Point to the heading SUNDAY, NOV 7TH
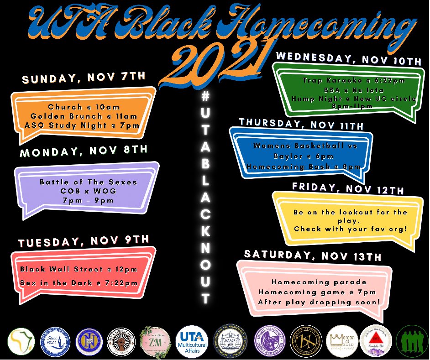pos(84,78)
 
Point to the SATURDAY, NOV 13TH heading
pos(312,256)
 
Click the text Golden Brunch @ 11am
pos(83,115)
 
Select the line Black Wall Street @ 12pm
pos(79,269)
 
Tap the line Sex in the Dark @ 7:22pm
pos(79,283)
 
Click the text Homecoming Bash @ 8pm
pos(304,167)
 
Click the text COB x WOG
pos(88,191)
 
